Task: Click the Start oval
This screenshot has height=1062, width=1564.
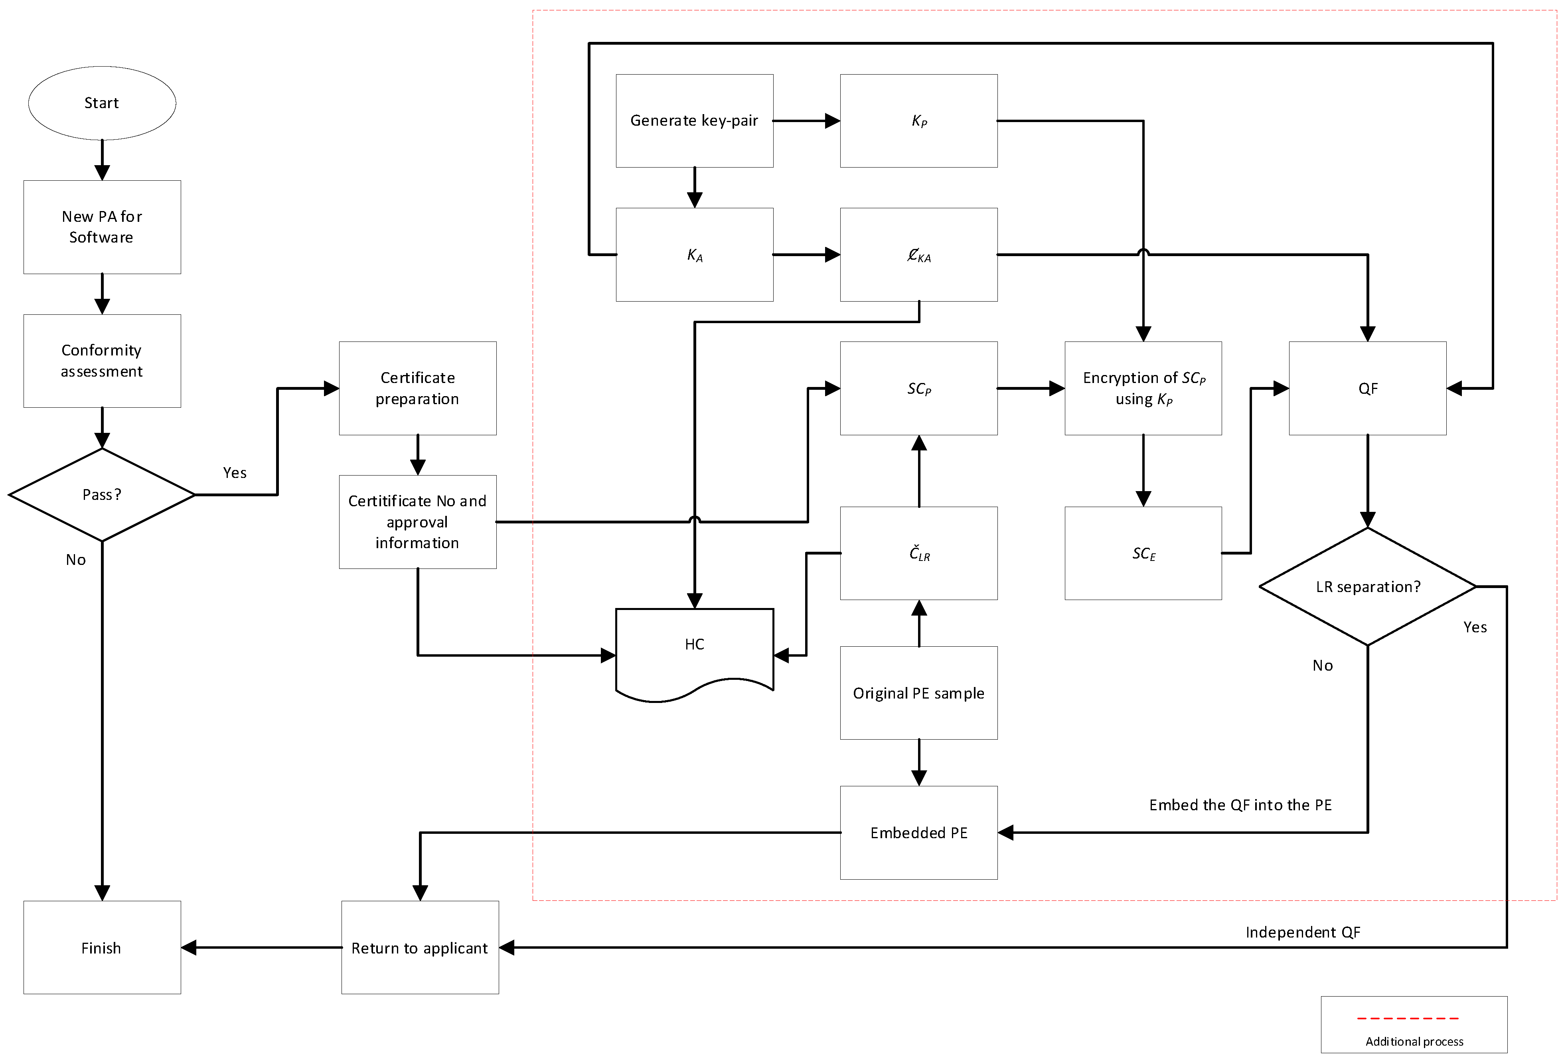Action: pos(102,103)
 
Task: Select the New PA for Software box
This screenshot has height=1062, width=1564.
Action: pos(102,227)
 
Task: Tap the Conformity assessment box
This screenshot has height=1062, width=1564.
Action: pos(102,361)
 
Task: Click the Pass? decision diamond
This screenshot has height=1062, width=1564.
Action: pos(102,495)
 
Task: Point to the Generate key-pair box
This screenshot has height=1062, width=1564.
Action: pos(694,120)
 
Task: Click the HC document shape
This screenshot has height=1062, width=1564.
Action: pos(694,649)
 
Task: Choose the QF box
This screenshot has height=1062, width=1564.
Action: pos(1367,388)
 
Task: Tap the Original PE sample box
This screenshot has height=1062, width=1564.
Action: pos(918,693)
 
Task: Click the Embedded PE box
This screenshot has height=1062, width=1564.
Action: pos(918,833)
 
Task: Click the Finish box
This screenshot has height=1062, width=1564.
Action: pos(102,948)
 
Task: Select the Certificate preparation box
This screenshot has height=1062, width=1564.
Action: pos(417,388)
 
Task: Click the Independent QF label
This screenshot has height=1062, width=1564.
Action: pos(1302,932)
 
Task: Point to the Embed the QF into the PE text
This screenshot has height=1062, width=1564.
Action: pos(1240,805)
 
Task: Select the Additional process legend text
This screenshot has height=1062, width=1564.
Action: pos(1414,1042)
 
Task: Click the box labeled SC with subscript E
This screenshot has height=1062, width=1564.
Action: pos(1143,553)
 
